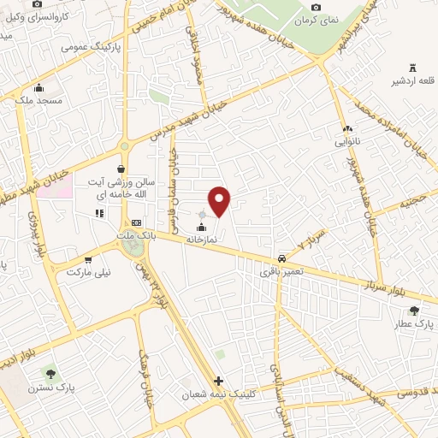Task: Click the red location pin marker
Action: (x=220, y=201)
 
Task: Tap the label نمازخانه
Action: (x=203, y=240)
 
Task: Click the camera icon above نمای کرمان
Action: (x=316, y=8)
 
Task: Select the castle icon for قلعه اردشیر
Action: (x=411, y=68)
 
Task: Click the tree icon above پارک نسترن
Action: (x=50, y=373)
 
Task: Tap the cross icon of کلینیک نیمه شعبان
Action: (x=219, y=381)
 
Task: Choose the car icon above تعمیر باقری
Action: (x=281, y=258)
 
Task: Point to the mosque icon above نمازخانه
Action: (x=203, y=227)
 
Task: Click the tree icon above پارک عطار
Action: (x=415, y=311)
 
